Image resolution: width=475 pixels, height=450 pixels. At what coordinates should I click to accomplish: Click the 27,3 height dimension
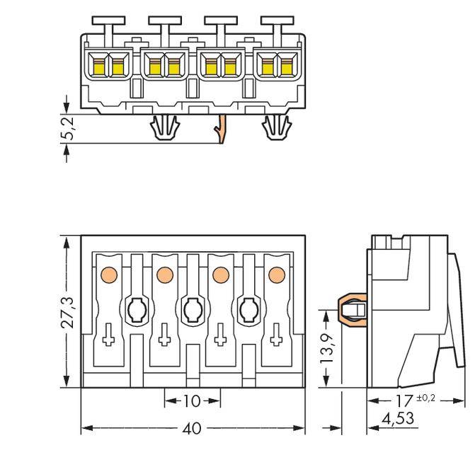pos(67,311)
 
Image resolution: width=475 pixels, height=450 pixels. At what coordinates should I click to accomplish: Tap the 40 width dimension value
pos(192,429)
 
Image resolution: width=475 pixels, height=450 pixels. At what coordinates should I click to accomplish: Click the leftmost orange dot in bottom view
pos(110,273)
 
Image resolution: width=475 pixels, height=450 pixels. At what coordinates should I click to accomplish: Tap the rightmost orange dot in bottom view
pos(277,275)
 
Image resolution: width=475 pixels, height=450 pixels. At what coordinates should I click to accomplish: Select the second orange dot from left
pos(165,274)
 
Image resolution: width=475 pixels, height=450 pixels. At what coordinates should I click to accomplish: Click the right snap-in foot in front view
pos(277,129)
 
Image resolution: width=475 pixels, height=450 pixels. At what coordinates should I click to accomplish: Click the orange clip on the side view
pos(352,310)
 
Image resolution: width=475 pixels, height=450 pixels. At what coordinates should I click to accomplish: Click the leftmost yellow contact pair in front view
pos(108,67)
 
